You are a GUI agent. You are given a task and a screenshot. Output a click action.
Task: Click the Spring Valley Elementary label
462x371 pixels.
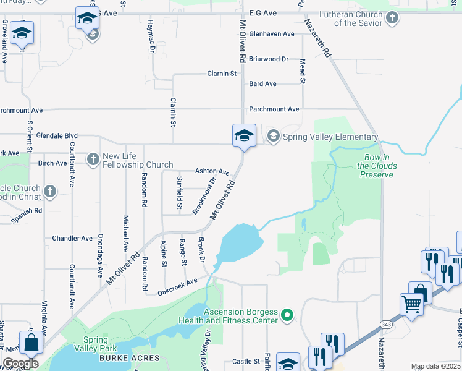pyautogui.click(x=330, y=137)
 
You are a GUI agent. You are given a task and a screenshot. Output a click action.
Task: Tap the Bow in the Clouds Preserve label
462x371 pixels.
pyautogui.click(x=377, y=166)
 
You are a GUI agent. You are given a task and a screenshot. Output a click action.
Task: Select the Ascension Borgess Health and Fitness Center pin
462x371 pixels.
pyautogui.click(x=287, y=316)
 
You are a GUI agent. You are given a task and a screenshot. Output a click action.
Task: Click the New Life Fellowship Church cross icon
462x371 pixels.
pyautogui.click(x=93, y=160)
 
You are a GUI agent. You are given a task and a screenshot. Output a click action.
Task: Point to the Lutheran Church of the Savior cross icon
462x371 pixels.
pyautogui.click(x=392, y=18)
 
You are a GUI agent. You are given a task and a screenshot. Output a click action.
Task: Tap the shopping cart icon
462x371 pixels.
pyautogui.click(x=411, y=304)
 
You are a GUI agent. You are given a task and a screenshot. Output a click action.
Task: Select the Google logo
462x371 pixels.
pyautogui.click(x=21, y=364)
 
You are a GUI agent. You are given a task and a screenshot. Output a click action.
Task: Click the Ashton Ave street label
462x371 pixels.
pyautogui.click(x=212, y=171)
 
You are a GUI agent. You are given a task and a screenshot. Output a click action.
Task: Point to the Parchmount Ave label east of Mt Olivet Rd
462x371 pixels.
pyautogui.click(x=274, y=109)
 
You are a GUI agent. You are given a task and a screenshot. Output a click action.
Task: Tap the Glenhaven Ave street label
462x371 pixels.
pyautogui.click(x=271, y=34)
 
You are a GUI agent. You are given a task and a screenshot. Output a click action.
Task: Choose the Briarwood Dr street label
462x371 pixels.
pyautogui.click(x=269, y=59)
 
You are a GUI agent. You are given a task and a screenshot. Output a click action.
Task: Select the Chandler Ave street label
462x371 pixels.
pyautogui.click(x=72, y=238)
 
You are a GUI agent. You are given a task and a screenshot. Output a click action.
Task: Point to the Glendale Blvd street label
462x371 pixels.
pyautogui.click(x=57, y=135)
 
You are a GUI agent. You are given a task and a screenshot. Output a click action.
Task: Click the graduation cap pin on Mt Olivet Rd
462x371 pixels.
pyautogui.click(x=243, y=135)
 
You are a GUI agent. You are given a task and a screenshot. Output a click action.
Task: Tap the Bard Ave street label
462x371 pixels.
pyautogui.click(x=262, y=84)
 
